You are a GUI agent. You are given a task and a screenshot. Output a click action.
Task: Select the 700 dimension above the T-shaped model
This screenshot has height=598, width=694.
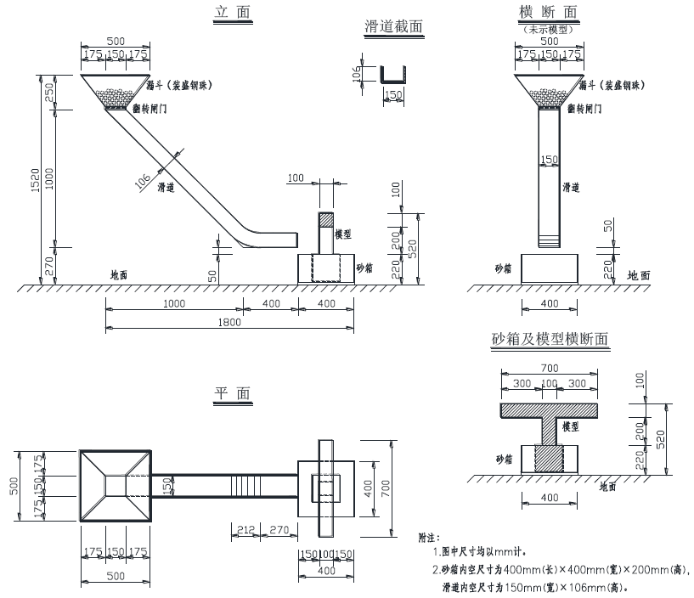pos(549,368)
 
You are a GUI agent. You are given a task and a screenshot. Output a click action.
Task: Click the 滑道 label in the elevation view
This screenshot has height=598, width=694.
pos(166,187)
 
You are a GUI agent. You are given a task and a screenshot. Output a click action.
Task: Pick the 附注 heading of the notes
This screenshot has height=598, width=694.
pos(429,538)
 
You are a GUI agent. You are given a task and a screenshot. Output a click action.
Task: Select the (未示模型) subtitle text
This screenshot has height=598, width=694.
pos(550,29)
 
